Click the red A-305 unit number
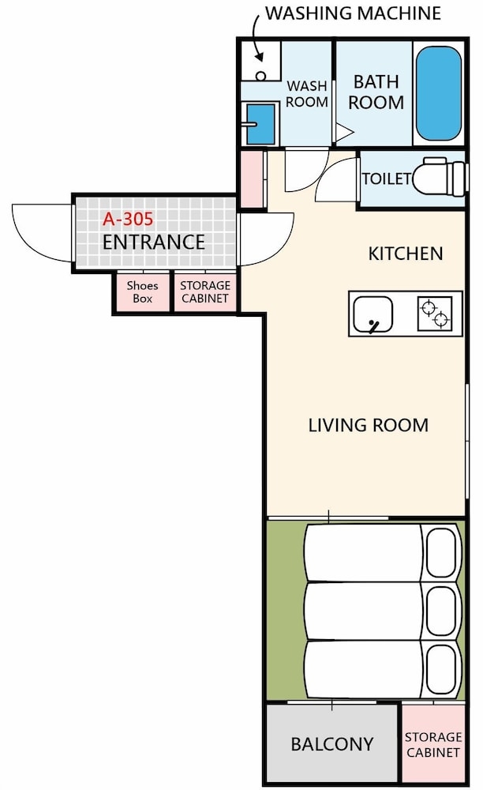tap(128, 219)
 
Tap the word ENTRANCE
tap(153, 243)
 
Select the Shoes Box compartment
tap(142, 292)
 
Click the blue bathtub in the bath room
tap(439, 94)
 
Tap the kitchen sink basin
tap(373, 314)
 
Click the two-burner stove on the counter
tap(435, 314)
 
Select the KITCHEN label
tap(406, 254)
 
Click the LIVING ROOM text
tap(369, 425)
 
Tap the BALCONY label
tap(332, 744)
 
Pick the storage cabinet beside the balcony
tap(433, 744)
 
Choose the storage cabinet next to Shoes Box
tap(205, 292)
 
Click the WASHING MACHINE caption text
tap(354, 13)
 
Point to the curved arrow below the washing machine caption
tap(255, 36)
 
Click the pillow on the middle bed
tap(442, 611)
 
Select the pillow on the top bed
tap(442, 552)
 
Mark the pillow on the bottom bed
tap(442, 670)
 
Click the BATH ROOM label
tap(376, 92)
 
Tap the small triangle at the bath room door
tap(344, 133)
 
